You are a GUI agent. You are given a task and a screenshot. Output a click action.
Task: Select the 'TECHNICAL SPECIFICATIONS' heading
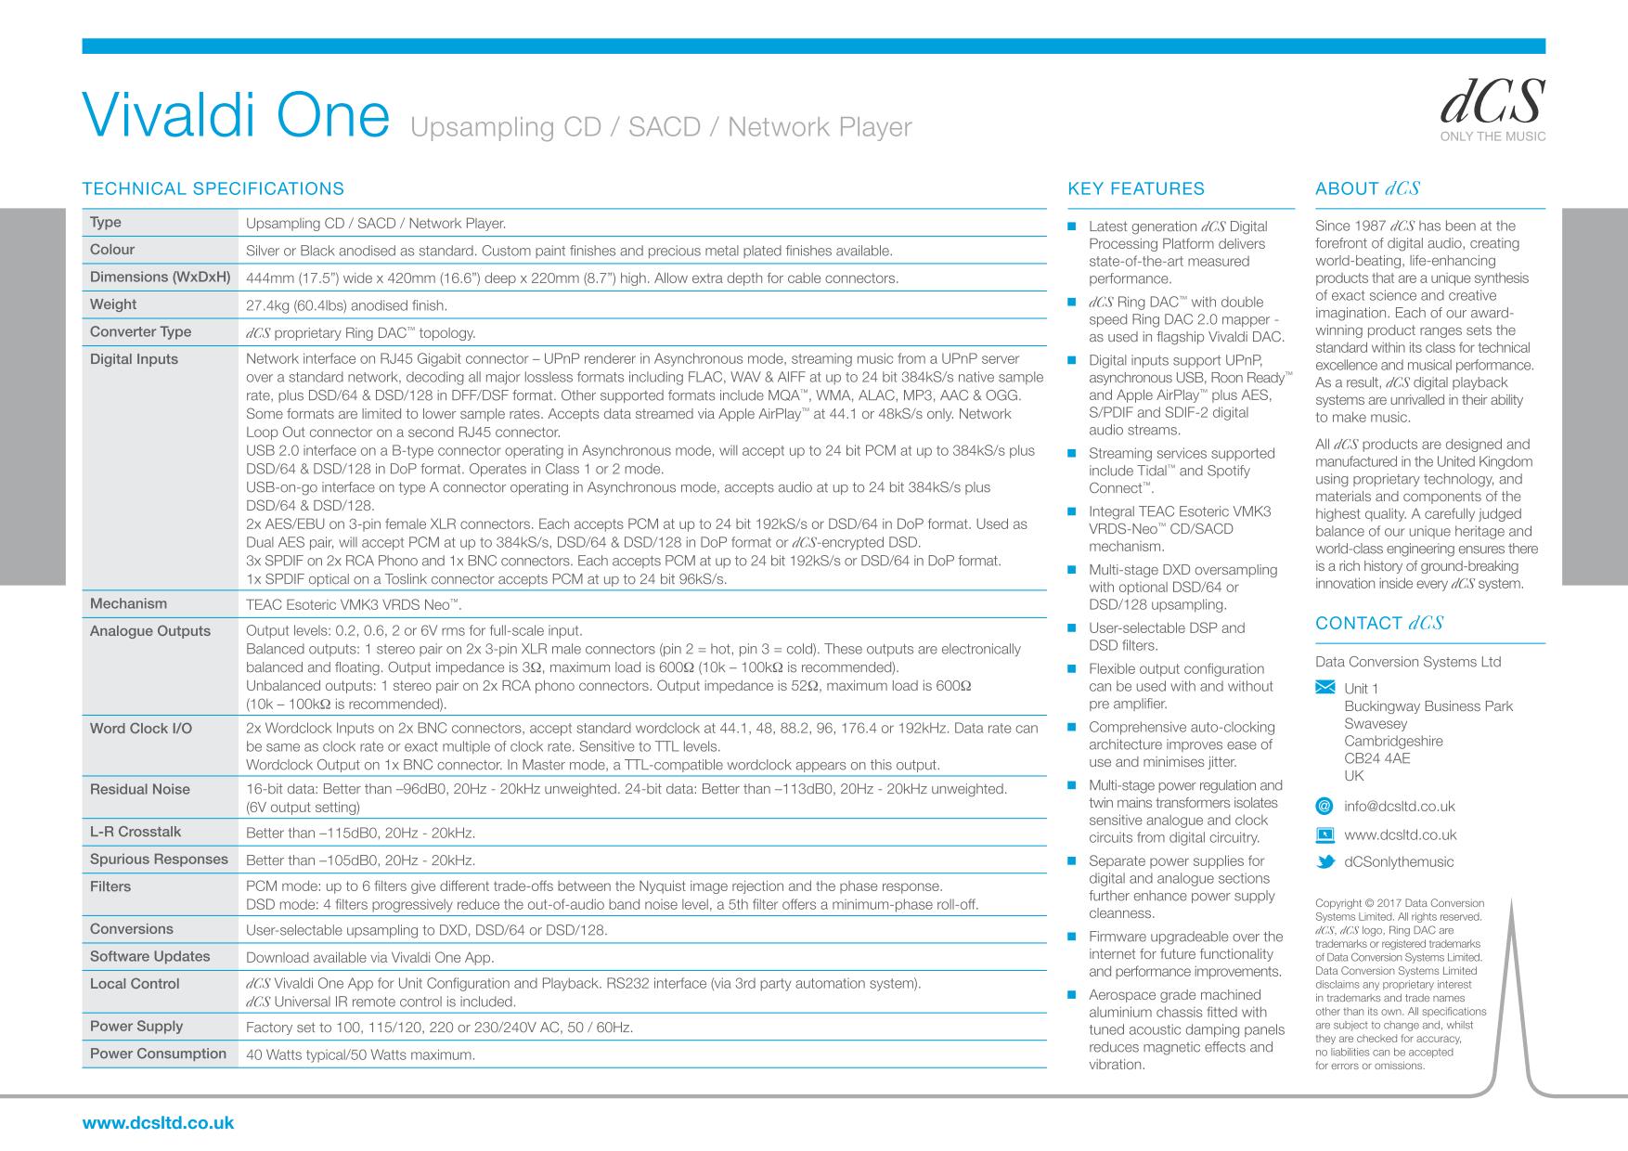pos(213,189)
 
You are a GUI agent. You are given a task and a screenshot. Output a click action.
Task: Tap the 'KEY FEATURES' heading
pos(1136,189)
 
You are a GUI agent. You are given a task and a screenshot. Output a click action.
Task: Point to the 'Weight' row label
pos(113,304)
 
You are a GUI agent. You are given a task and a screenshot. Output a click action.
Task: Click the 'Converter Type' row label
pos(140,332)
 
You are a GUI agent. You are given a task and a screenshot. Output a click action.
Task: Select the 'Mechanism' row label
pos(128,604)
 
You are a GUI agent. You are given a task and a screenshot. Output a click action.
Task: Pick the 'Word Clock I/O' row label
pos(141,729)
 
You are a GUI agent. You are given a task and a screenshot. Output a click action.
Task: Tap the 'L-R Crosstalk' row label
pos(136,832)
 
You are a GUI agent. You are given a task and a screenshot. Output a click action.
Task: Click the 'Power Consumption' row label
pos(158,1054)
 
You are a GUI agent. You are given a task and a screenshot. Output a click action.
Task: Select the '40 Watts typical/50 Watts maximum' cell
pos(360,1054)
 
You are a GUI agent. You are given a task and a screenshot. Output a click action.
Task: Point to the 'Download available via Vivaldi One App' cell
pos(369,957)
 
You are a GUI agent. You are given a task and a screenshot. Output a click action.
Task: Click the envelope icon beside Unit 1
pos(1325,688)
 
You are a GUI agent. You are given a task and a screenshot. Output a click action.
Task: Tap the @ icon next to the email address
pos(1324,807)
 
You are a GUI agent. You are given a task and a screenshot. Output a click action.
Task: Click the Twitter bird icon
pos(1325,861)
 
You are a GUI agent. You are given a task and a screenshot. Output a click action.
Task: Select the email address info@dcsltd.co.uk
pos(1399,807)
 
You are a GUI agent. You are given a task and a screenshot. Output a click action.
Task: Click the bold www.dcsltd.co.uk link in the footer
pos(159,1123)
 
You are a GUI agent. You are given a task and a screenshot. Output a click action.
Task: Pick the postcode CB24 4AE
pos(1376,758)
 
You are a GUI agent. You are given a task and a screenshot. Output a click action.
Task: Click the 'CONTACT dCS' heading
pos(1378,624)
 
